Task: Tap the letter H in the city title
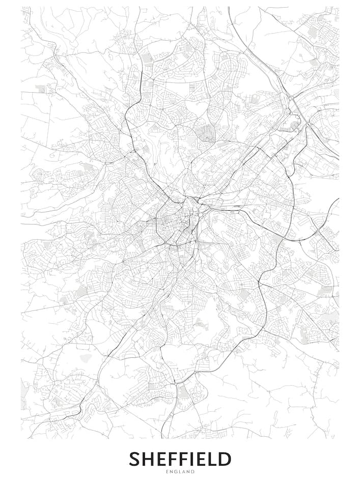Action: click(x=148, y=459)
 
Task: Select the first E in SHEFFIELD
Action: click(x=161, y=459)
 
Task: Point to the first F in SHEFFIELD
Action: click(x=173, y=459)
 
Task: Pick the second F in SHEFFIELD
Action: click(x=184, y=459)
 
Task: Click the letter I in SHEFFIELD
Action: click(x=193, y=459)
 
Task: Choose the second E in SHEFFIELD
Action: click(x=201, y=459)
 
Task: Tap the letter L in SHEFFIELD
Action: click(x=212, y=459)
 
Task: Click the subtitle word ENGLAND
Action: click(x=180, y=472)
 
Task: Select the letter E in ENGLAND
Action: click(x=168, y=472)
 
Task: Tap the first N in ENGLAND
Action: click(x=172, y=472)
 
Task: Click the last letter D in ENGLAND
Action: click(x=192, y=472)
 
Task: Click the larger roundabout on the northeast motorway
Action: click(x=309, y=124)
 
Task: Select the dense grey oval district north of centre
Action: click(x=206, y=133)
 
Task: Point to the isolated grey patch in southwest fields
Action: click(x=86, y=358)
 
